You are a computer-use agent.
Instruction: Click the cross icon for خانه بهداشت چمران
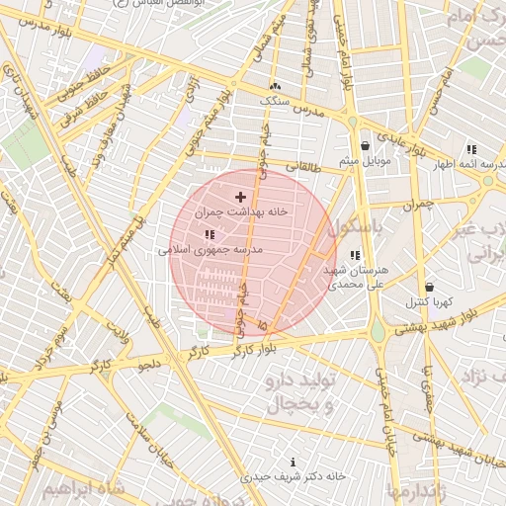coord(240,198)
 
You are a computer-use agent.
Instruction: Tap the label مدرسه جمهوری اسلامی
coord(211,250)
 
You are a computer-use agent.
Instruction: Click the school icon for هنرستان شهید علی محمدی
coord(355,255)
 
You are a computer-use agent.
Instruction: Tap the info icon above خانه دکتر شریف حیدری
coord(292,462)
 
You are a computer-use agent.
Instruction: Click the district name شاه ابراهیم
coord(83,489)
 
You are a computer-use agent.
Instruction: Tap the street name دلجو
coord(150,365)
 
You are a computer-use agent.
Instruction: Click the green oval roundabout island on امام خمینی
coord(378,332)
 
